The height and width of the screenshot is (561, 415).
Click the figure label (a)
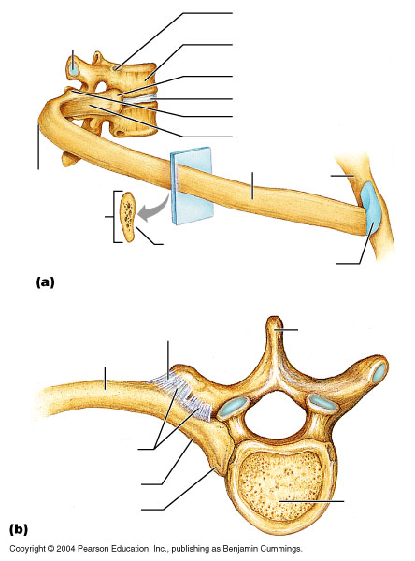click(46, 282)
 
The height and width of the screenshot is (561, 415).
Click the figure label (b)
click(19, 529)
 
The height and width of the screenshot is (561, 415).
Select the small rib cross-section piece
click(128, 217)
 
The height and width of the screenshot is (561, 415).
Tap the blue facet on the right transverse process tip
click(379, 373)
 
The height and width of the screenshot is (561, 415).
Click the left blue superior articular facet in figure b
click(234, 407)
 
